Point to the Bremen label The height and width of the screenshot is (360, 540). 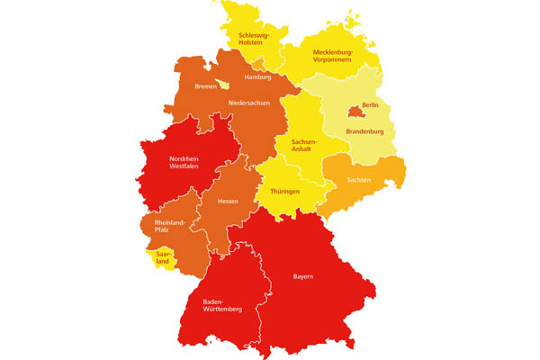coord(208,87)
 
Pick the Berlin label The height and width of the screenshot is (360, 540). coord(368,106)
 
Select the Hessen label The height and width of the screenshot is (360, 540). coord(228,201)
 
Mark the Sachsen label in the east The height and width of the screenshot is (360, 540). coord(371,181)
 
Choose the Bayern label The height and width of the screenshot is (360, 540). coord(303,276)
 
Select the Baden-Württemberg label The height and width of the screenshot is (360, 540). coord(224,306)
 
